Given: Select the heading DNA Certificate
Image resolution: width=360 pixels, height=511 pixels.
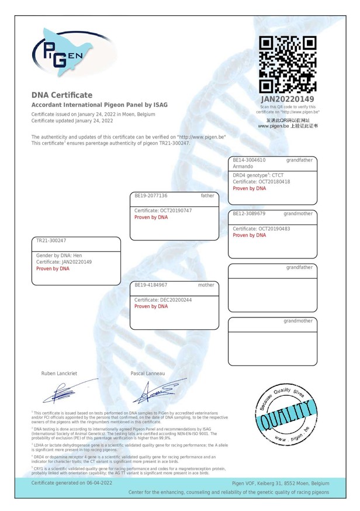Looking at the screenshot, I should tap(62, 95).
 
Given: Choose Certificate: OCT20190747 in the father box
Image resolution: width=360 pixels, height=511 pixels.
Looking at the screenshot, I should tap(163, 210).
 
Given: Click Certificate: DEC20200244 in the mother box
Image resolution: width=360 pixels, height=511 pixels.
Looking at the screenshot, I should tap(163, 299).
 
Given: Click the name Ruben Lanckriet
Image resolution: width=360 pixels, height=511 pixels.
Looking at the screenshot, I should tap(58, 373).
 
